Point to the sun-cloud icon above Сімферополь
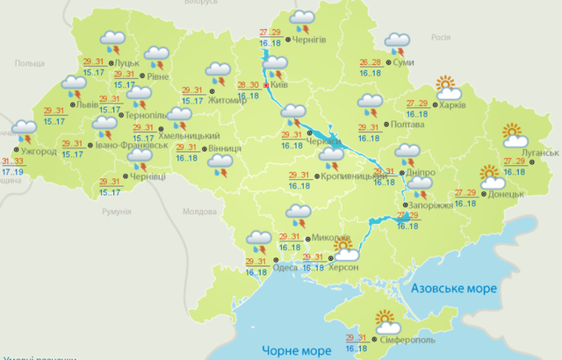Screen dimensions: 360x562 point(385,320)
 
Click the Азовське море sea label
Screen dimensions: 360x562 point(453,288)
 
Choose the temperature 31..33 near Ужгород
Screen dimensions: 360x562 point(12,162)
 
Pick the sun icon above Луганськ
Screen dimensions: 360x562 point(514,136)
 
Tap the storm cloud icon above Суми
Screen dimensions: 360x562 point(398,41)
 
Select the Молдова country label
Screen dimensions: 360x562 point(198,212)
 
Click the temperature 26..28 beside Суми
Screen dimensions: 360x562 point(371,62)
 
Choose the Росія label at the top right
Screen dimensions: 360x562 point(441,39)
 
